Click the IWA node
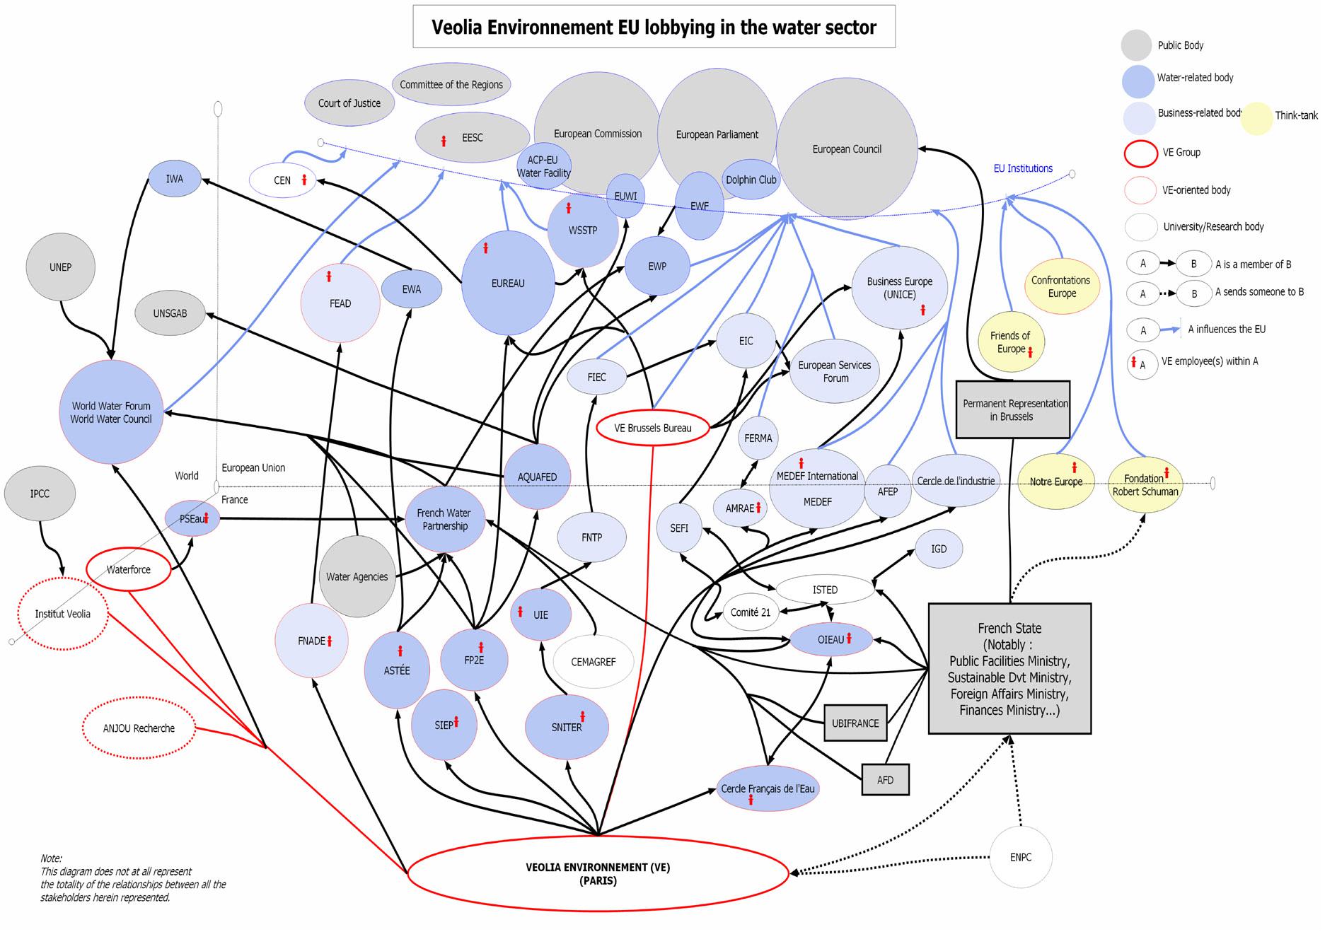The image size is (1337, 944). point(175,179)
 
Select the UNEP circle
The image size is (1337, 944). point(60,267)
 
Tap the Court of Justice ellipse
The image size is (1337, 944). point(349,103)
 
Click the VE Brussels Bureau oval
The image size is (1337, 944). point(652,428)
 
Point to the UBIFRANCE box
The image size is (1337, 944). point(855,723)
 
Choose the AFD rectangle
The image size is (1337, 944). point(885,780)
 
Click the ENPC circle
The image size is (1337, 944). point(1020,857)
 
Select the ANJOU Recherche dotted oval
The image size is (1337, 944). point(139,728)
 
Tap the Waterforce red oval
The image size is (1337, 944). point(128,569)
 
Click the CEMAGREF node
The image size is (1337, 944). point(593,662)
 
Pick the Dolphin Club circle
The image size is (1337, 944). point(751,180)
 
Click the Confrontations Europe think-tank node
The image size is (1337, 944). point(1061,286)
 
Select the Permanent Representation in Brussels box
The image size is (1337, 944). point(1012,410)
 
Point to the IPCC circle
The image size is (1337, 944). point(40,494)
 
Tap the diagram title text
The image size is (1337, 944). point(654,28)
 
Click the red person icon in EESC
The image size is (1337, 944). point(444,141)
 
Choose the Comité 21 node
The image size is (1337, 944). point(750,612)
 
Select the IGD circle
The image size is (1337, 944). point(938,549)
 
